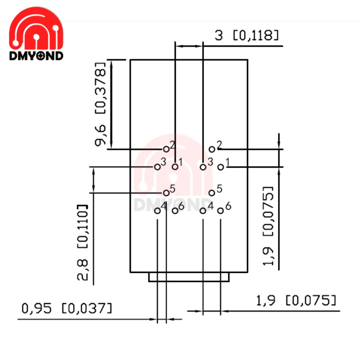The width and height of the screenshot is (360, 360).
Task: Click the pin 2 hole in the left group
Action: (166, 149)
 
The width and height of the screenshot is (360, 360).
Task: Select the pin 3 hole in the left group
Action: (157, 167)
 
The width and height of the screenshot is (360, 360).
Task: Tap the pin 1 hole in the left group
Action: (175, 167)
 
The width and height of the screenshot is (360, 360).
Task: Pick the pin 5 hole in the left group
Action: (166, 193)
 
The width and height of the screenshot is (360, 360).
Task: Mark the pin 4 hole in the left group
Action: (157, 211)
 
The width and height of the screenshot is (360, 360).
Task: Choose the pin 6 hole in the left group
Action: (175, 211)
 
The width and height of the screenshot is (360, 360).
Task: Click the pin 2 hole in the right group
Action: (212, 149)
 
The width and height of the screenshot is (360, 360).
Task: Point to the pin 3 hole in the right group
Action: (203, 167)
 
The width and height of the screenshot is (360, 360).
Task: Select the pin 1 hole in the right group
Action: (221, 167)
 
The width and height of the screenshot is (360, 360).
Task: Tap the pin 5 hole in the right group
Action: (212, 193)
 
